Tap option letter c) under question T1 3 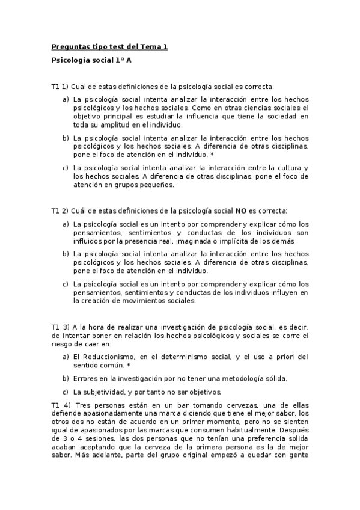click(66, 392)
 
